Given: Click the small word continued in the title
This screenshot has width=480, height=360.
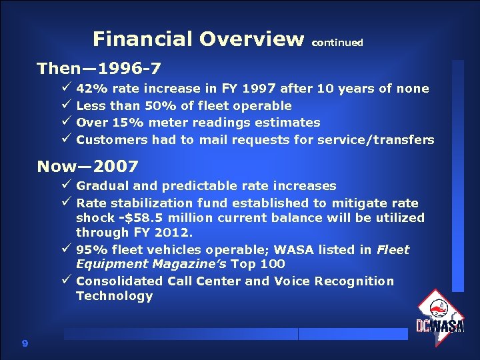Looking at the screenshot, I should pos(337,43).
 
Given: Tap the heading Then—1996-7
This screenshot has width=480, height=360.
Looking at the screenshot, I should pos(99,69).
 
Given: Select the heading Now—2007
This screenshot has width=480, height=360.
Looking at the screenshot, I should pos(88,166).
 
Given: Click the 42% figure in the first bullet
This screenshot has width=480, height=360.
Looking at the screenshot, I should pos(91,89).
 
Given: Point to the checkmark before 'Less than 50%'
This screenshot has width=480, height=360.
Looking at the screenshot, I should pos(66,105).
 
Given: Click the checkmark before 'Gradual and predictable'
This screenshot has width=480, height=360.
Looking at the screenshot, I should pos(66,185).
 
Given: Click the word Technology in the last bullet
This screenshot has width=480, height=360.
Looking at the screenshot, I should pos(114,296).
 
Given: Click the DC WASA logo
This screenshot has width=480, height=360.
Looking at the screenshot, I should pos(439,316).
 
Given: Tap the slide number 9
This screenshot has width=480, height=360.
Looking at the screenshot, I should pos(25,343).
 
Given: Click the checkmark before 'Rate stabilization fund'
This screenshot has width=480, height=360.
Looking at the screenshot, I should pos(66,203).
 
